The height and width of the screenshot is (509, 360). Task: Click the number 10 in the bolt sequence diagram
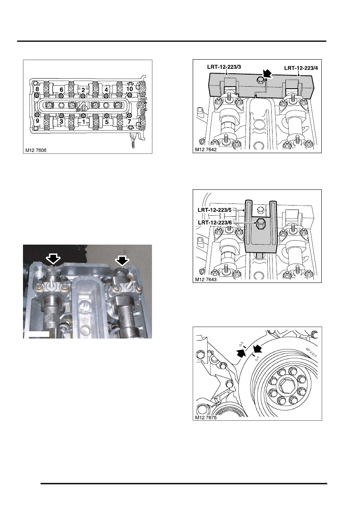tap(129, 89)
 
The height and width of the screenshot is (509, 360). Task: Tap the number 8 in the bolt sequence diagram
tap(37, 89)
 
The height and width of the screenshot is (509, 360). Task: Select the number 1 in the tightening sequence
tap(83, 122)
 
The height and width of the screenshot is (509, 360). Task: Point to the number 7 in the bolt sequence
tap(129, 121)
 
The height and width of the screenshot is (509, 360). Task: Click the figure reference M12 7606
tap(36, 150)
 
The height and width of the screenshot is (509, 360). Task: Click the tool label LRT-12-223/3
tap(224, 67)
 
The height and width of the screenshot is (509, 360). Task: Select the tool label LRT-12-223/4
tap(301, 68)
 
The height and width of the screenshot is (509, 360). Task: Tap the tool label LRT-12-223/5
tap(214, 210)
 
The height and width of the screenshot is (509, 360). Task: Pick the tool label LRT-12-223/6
tap(215, 223)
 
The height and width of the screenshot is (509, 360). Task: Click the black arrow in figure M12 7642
tap(267, 74)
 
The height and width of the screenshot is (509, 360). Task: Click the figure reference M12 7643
tap(206, 280)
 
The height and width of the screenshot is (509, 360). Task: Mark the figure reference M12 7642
tap(206, 150)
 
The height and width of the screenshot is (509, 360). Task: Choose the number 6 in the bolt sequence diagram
tap(61, 90)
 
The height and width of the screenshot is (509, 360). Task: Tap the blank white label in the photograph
tap(37, 334)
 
